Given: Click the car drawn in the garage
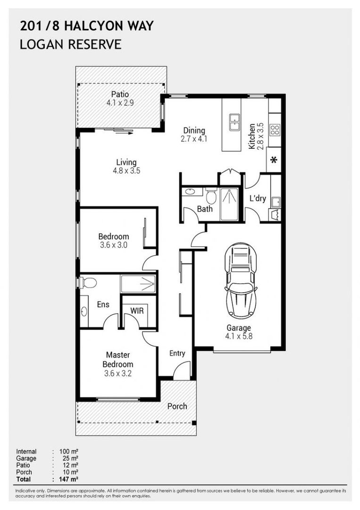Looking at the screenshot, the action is click(241, 281).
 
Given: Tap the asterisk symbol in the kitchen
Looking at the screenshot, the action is click(274, 160).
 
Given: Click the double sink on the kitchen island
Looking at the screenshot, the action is click(234, 122).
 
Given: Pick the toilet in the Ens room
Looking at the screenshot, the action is click(87, 282).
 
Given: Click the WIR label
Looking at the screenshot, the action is click(137, 311).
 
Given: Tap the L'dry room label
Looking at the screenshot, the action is click(258, 198).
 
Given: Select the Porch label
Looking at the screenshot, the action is click(177, 406).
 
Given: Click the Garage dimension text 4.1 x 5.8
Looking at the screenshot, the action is click(239, 336).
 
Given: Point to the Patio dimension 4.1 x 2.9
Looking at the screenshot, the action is click(120, 103).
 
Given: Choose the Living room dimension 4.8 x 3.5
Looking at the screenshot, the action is click(126, 170).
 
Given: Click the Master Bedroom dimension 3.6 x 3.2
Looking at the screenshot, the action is click(118, 374).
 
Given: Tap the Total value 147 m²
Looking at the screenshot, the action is click(68, 479).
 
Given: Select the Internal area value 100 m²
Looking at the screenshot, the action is click(68, 451).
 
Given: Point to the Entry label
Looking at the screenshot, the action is click(177, 353).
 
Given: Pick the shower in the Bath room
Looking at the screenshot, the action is click(229, 204).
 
